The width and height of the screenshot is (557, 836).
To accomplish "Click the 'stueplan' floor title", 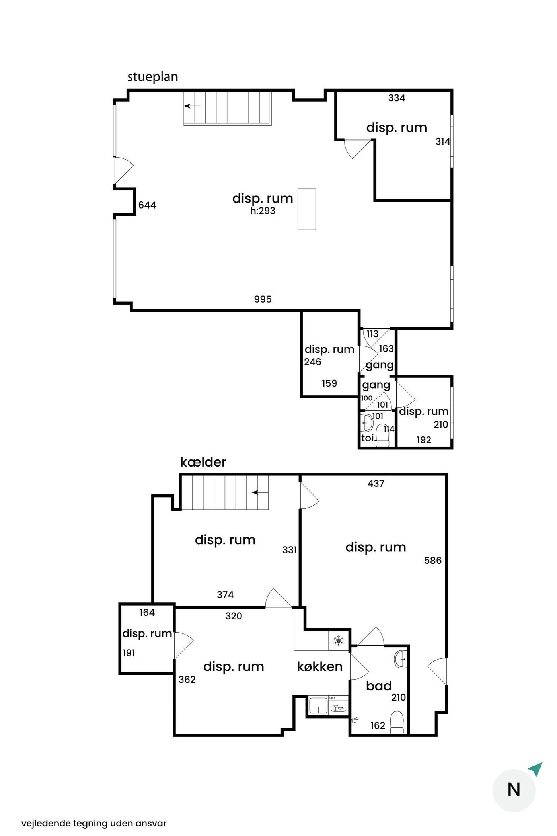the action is [x=152, y=77].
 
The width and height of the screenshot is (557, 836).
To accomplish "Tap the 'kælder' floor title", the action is [x=203, y=462].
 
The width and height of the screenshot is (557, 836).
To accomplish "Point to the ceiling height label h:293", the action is [x=263, y=211].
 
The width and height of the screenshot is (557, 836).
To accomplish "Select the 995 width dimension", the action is [x=263, y=299].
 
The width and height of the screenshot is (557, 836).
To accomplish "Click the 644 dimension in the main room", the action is [x=147, y=205].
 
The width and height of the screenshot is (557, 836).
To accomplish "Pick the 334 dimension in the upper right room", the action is [x=397, y=98].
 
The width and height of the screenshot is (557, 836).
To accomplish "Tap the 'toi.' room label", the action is [x=368, y=438].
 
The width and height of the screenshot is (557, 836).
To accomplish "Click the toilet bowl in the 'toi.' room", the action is [x=383, y=437].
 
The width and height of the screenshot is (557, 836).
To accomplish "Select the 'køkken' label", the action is [x=320, y=666].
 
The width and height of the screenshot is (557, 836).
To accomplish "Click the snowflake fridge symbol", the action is [x=339, y=641].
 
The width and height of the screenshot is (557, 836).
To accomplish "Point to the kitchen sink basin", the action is [x=319, y=706].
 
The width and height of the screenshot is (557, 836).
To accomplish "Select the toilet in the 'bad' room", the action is [x=397, y=723].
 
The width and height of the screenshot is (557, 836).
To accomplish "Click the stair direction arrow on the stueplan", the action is [x=192, y=106].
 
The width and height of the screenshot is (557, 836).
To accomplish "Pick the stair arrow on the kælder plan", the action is [x=260, y=493].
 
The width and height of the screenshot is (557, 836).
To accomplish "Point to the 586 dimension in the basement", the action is [x=433, y=561].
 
